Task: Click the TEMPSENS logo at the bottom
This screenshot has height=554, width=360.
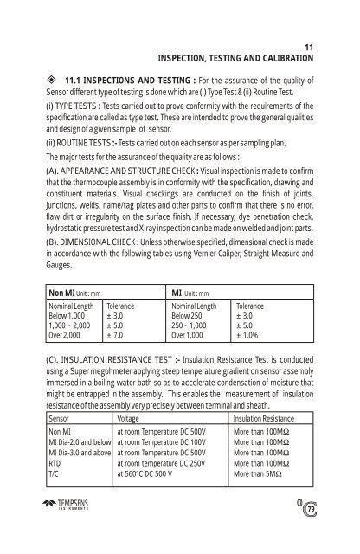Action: tap(69, 527)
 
